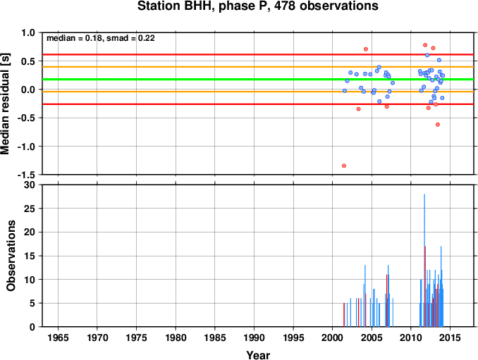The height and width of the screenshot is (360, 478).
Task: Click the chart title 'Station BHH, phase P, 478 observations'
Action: pos(257,6)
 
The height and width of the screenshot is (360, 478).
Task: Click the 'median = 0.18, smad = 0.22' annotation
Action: pos(101,38)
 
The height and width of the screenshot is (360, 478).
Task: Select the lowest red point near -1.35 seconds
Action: pos(344,166)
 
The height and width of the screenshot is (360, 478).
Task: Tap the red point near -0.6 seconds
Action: pos(438,125)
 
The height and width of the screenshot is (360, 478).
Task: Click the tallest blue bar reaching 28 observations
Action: pos(424,261)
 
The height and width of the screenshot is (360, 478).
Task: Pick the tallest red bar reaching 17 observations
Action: pos(425,286)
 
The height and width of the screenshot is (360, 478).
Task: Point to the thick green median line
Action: pos(258,80)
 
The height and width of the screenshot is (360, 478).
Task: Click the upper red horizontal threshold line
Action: pos(258,54)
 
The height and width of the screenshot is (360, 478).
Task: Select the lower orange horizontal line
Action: pos(258,92)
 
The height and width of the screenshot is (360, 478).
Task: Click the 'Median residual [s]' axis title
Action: pos(5,104)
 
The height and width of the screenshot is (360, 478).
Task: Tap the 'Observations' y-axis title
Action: pos(11,256)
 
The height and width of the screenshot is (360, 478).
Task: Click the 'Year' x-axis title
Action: pos(258,355)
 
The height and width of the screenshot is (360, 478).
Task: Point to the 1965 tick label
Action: pos(58,337)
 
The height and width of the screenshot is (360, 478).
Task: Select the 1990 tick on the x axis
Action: pos(255,337)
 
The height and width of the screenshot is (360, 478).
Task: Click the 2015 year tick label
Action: pos(451,337)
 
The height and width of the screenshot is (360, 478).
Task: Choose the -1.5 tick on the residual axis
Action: pos(27,175)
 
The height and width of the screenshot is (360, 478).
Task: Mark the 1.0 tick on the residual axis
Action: pos(29,32)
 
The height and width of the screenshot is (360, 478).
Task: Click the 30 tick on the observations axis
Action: pos(30,185)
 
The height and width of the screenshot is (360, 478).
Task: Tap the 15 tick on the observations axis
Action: pos(30,256)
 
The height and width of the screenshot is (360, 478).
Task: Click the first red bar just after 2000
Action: pos(344,315)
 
